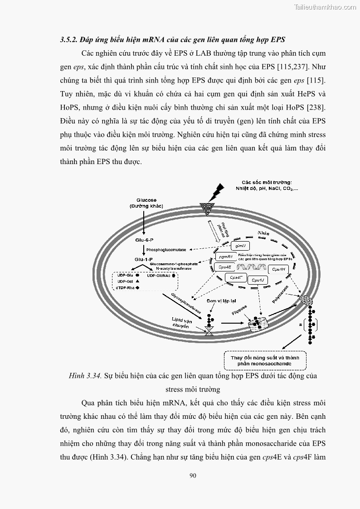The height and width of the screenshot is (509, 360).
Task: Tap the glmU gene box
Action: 240,246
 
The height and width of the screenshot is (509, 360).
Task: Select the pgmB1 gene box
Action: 225,257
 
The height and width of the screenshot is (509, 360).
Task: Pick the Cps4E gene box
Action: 224,267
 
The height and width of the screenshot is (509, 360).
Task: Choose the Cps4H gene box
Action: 278,270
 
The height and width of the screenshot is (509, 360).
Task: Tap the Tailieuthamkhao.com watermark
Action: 325,7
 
